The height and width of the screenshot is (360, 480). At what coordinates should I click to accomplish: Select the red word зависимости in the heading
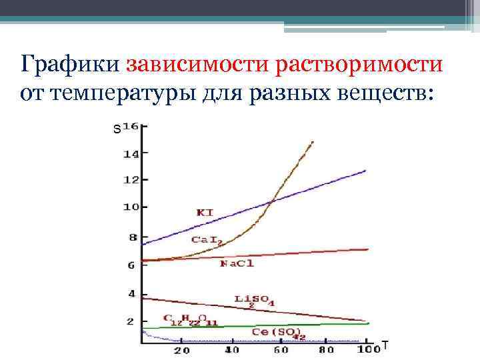tap(189, 66)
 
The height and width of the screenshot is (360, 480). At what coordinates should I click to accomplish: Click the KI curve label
tap(205, 213)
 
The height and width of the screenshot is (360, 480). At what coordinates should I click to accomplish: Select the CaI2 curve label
tap(207, 239)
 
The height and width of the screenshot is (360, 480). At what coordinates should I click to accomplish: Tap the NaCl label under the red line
tap(237, 264)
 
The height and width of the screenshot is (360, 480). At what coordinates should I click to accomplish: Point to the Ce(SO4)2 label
tap(279, 333)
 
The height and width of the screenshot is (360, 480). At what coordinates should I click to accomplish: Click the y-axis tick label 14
tap(131, 154)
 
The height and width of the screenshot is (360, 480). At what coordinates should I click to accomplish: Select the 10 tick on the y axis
tap(131, 207)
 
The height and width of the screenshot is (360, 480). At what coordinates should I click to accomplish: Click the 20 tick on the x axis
tap(181, 351)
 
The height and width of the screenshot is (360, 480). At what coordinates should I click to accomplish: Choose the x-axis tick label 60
tap(280, 351)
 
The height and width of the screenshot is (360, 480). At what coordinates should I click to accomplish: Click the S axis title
tap(117, 130)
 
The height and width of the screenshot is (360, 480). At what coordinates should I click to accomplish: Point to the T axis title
tap(385, 346)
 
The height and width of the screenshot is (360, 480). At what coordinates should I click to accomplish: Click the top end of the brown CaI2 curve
tap(312, 142)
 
